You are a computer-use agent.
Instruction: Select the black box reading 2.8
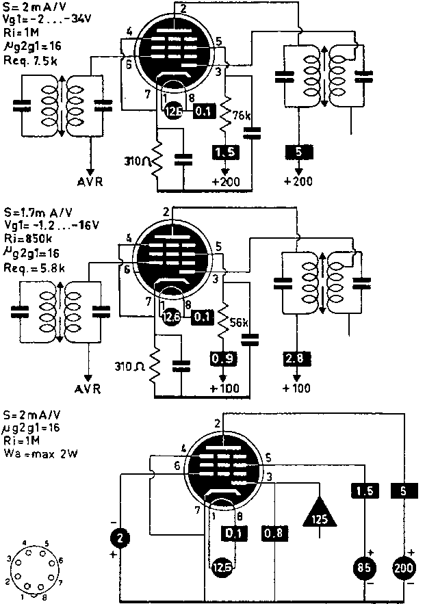coord(296,358)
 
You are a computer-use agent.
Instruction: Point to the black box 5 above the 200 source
coord(404,490)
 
